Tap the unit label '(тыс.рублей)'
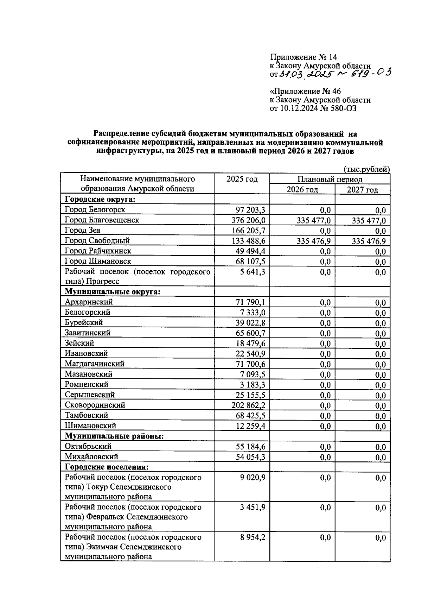[x=366, y=169]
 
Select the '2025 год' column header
[x=242, y=179]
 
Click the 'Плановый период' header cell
[x=330, y=180]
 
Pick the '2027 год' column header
[x=362, y=190]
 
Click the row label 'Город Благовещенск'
[x=102, y=220]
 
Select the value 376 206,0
[x=248, y=220]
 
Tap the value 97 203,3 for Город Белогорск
[x=250, y=210]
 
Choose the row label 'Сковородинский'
[x=95, y=405]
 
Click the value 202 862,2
[x=248, y=405]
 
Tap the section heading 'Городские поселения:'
[x=107, y=467]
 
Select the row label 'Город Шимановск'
[x=98, y=261]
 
